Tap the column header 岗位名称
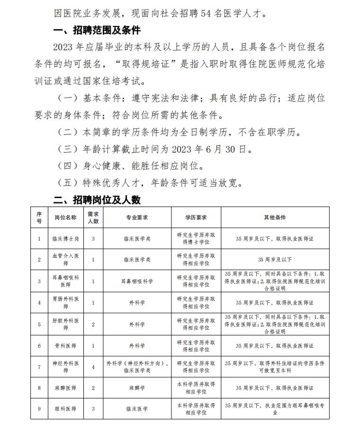pyautogui.click(x=65, y=217)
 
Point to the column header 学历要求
pyautogui.click(x=196, y=217)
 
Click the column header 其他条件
pyautogui.click(x=275, y=217)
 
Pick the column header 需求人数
pyautogui.click(x=93, y=217)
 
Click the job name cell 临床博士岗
pyautogui.click(x=65, y=239)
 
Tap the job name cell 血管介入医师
pyautogui.click(x=65, y=260)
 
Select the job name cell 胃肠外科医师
pyautogui.click(x=65, y=303)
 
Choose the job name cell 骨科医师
pyautogui.click(x=65, y=346)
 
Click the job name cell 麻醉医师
pyautogui.click(x=65, y=388)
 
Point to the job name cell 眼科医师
pyautogui.click(x=65, y=408)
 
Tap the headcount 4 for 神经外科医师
pyautogui.click(x=93, y=367)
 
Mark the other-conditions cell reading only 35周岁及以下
pyautogui.click(x=275, y=260)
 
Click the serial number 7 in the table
pyautogui.click(x=39, y=367)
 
